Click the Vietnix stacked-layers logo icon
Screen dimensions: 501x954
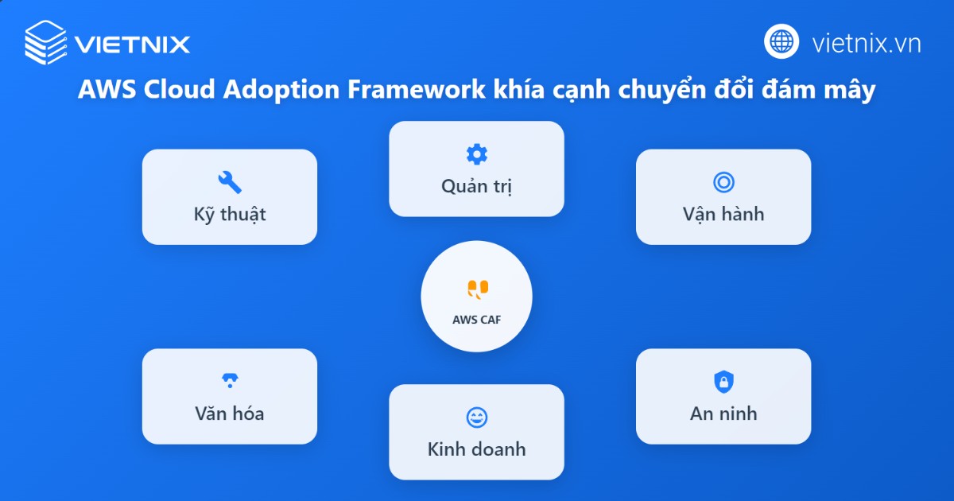point(46,41)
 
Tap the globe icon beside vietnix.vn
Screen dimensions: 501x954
point(781,41)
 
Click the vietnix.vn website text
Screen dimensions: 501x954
point(867,42)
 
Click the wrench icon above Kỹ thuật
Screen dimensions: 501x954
point(230,182)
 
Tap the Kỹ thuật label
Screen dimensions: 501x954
point(230,214)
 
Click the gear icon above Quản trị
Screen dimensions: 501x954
point(476,154)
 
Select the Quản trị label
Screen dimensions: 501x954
point(476,186)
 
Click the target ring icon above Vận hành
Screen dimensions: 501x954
point(723,182)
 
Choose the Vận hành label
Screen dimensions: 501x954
point(723,214)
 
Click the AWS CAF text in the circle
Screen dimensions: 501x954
point(477,320)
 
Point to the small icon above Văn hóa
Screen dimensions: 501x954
point(230,381)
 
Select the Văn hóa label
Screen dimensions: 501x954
point(230,414)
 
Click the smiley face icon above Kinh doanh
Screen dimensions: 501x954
point(476,417)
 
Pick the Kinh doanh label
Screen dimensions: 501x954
point(476,449)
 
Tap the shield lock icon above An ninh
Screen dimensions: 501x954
point(723,382)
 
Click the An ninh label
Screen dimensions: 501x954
point(723,414)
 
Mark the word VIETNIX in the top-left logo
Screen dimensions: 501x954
point(133,43)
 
